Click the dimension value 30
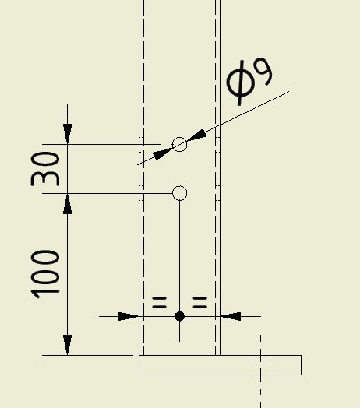tap(45, 169)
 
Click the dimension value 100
tap(45, 274)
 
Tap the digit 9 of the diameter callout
tap(263, 72)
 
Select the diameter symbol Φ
tap(240, 83)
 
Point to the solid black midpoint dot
tap(179, 316)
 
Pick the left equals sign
tap(159, 302)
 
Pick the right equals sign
tap(199, 302)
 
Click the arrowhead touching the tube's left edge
tap(129, 316)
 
